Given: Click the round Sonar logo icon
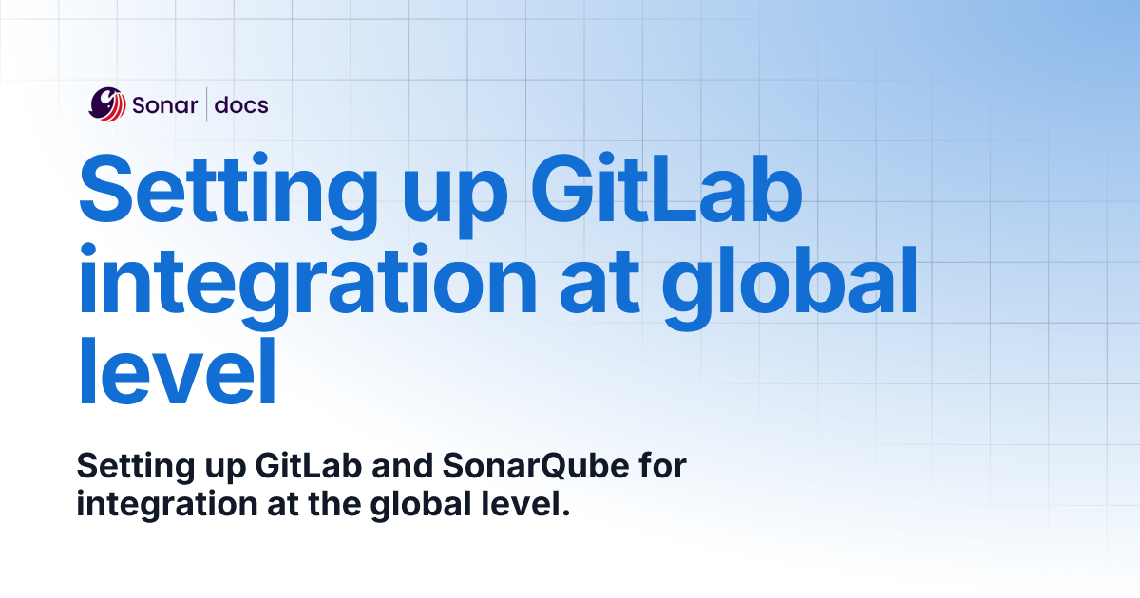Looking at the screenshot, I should [x=107, y=104].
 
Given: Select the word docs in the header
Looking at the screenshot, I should [x=241, y=105].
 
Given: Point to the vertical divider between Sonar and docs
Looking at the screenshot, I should [x=206, y=105].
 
